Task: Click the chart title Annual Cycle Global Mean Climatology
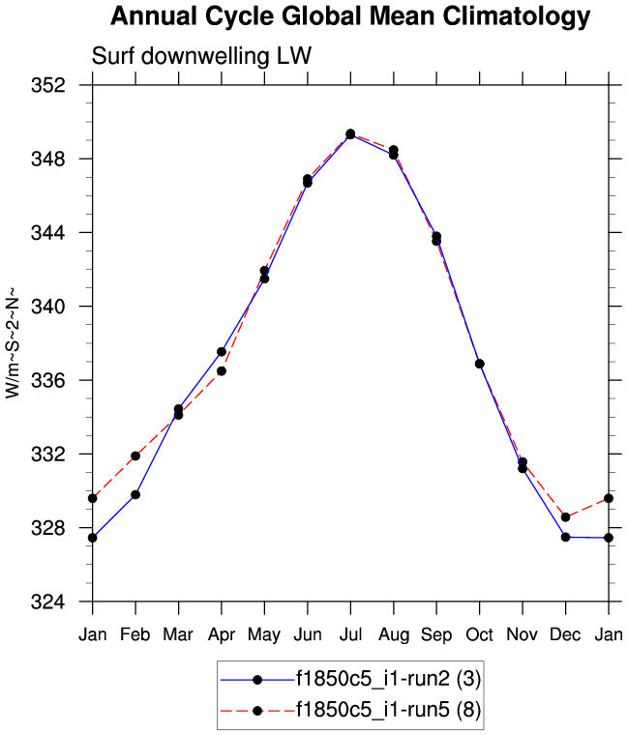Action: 349,16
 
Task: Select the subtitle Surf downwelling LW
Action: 200,56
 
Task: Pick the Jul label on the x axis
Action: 350,634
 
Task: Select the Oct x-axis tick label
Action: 479,634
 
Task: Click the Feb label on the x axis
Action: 135,634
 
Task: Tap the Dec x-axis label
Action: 565,634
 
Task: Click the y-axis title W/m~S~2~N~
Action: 14,340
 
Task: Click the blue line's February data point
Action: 135,494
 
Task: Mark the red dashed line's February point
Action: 135,456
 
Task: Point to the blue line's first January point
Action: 93,537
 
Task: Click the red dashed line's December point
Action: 565,516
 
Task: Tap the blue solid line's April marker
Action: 222,351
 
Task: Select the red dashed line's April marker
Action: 222,370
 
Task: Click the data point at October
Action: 479,364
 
